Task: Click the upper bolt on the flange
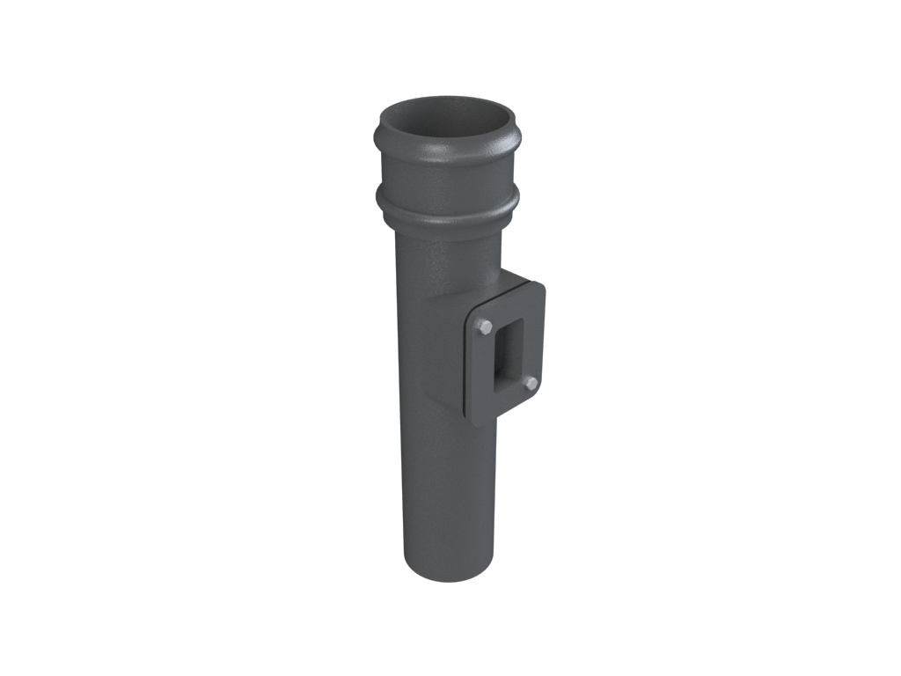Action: tap(485, 327)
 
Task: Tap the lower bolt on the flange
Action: tap(531, 384)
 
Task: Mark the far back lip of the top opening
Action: tap(449, 99)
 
